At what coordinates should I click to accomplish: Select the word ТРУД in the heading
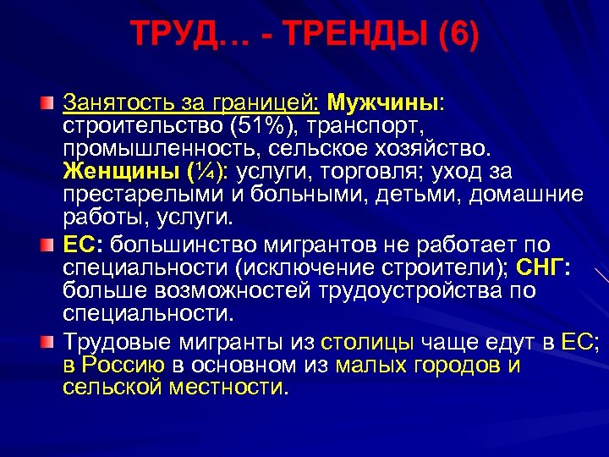pyautogui.click(x=167, y=36)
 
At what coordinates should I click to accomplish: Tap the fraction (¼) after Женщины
pyautogui.click(x=206, y=173)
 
